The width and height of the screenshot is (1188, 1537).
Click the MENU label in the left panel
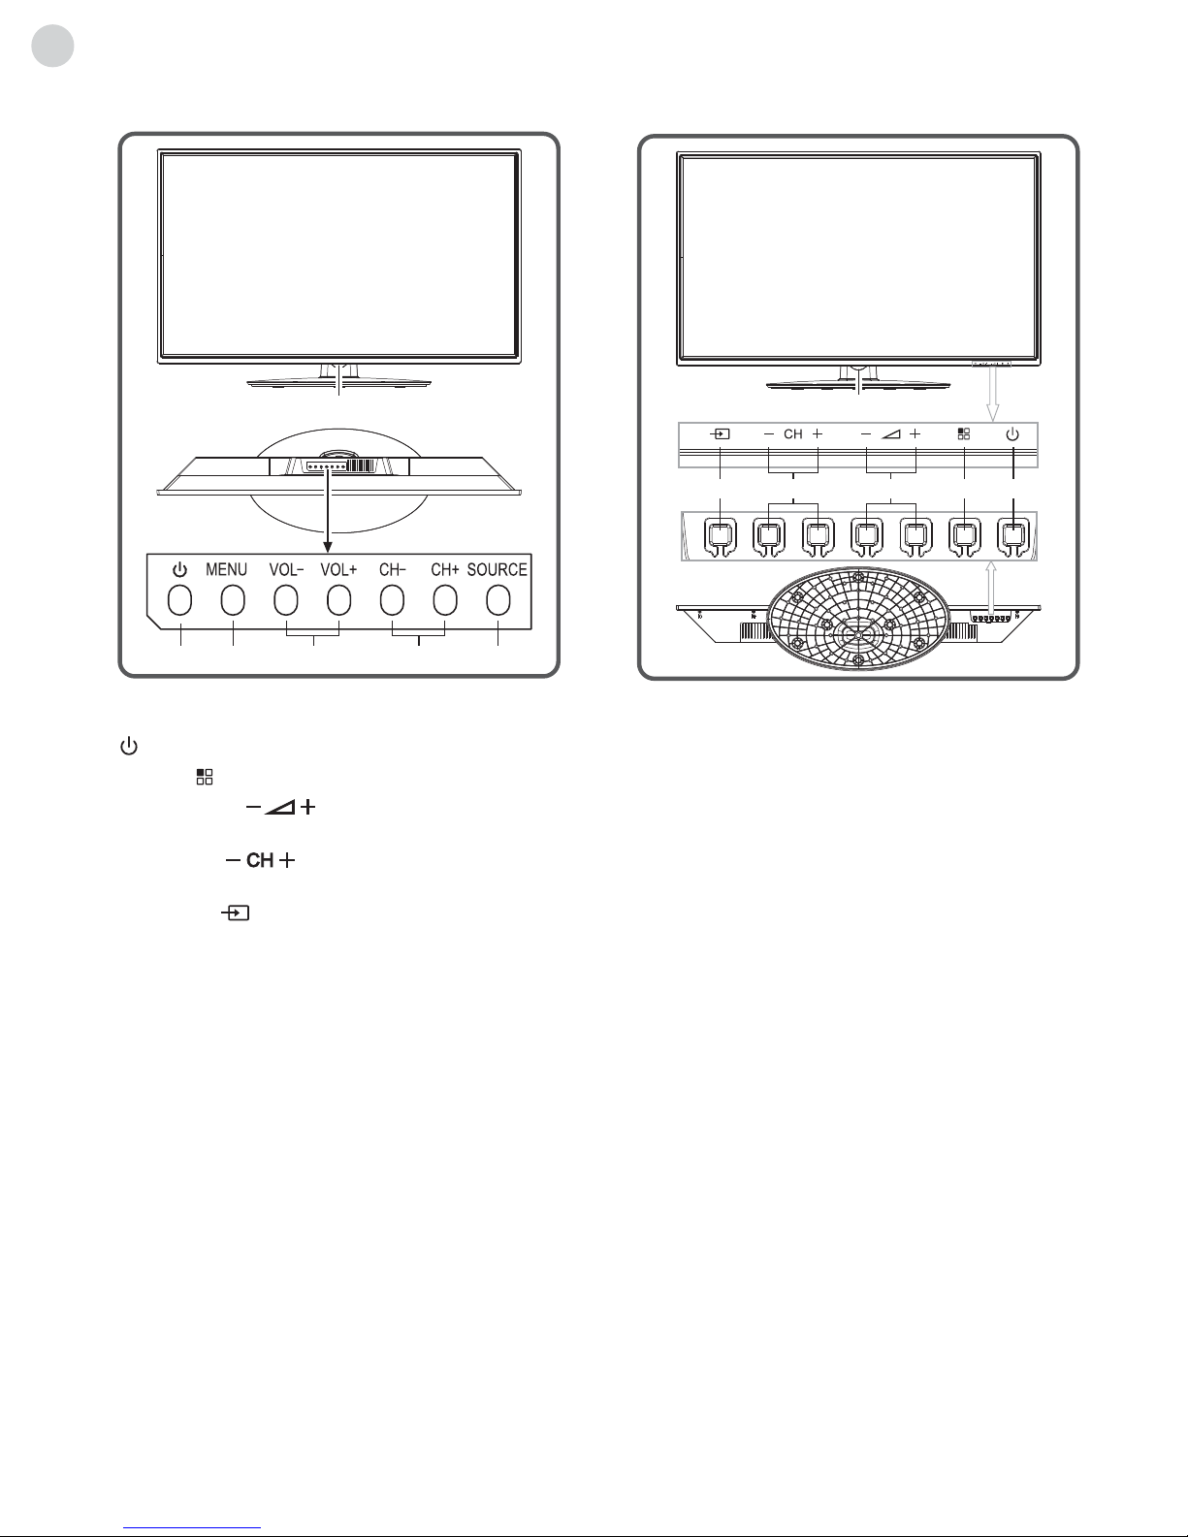coord(226,570)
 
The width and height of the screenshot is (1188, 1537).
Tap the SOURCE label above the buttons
coord(497,570)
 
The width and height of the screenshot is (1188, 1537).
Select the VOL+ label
coord(338,570)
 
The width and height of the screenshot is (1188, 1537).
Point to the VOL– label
coord(285,570)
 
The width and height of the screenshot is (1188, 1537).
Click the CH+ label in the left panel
coord(445,570)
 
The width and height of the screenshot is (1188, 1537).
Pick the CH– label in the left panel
coord(392,570)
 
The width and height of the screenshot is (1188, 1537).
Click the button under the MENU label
coord(232,601)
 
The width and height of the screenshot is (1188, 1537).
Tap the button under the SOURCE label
coord(498,601)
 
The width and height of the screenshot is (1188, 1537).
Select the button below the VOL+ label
coord(338,601)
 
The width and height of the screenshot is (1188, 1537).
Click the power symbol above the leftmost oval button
coord(179,570)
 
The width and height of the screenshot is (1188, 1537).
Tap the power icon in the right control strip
coord(1012,434)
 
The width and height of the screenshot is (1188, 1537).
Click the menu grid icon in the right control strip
coord(964,434)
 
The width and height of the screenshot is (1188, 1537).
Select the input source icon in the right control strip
coord(721,434)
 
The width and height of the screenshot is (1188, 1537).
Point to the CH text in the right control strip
coord(793,434)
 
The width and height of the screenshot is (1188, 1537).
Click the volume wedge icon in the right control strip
coord(890,434)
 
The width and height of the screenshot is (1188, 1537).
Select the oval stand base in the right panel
coord(858,617)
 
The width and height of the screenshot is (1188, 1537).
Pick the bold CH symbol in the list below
coord(260,860)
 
